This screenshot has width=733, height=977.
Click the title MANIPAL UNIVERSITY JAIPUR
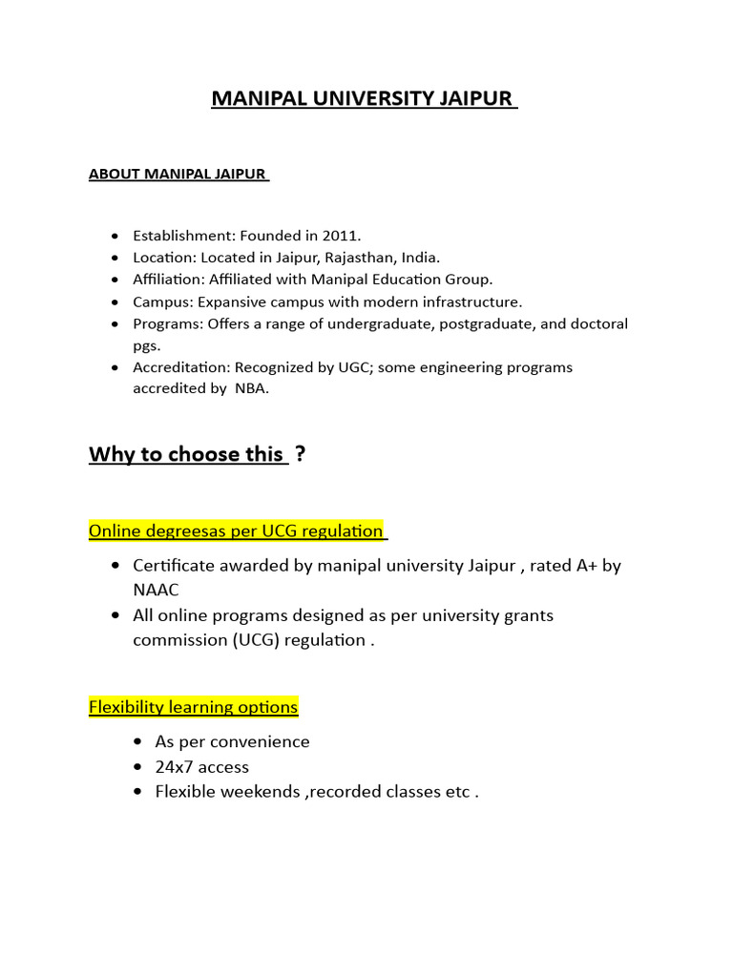(x=363, y=99)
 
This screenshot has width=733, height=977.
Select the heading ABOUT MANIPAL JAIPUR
(x=178, y=175)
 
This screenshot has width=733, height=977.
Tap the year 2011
(x=343, y=236)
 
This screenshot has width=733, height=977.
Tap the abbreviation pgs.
(x=146, y=344)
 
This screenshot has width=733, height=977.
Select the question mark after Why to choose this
(x=300, y=454)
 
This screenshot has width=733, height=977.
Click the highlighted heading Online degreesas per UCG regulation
(x=236, y=530)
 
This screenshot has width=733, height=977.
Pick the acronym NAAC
(x=156, y=590)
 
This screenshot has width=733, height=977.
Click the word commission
(x=178, y=639)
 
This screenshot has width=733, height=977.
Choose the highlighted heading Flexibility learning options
(x=194, y=707)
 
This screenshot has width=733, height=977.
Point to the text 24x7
(x=176, y=767)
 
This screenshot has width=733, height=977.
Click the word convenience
(x=262, y=741)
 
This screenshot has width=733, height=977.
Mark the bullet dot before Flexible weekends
(x=137, y=792)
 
